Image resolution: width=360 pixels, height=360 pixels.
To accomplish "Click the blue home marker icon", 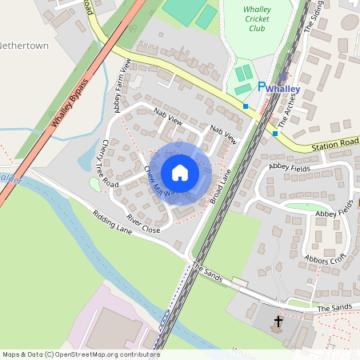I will pyautogui.click(x=180, y=173).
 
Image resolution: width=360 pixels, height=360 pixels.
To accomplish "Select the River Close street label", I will pyautogui.click(x=143, y=223).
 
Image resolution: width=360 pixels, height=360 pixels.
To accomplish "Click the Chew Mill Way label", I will pyautogui.click(x=157, y=180).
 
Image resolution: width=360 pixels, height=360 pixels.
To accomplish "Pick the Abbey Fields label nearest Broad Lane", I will pyautogui.click(x=288, y=166).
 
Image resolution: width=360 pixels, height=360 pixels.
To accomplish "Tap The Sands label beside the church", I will pyautogui.click(x=334, y=307).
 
